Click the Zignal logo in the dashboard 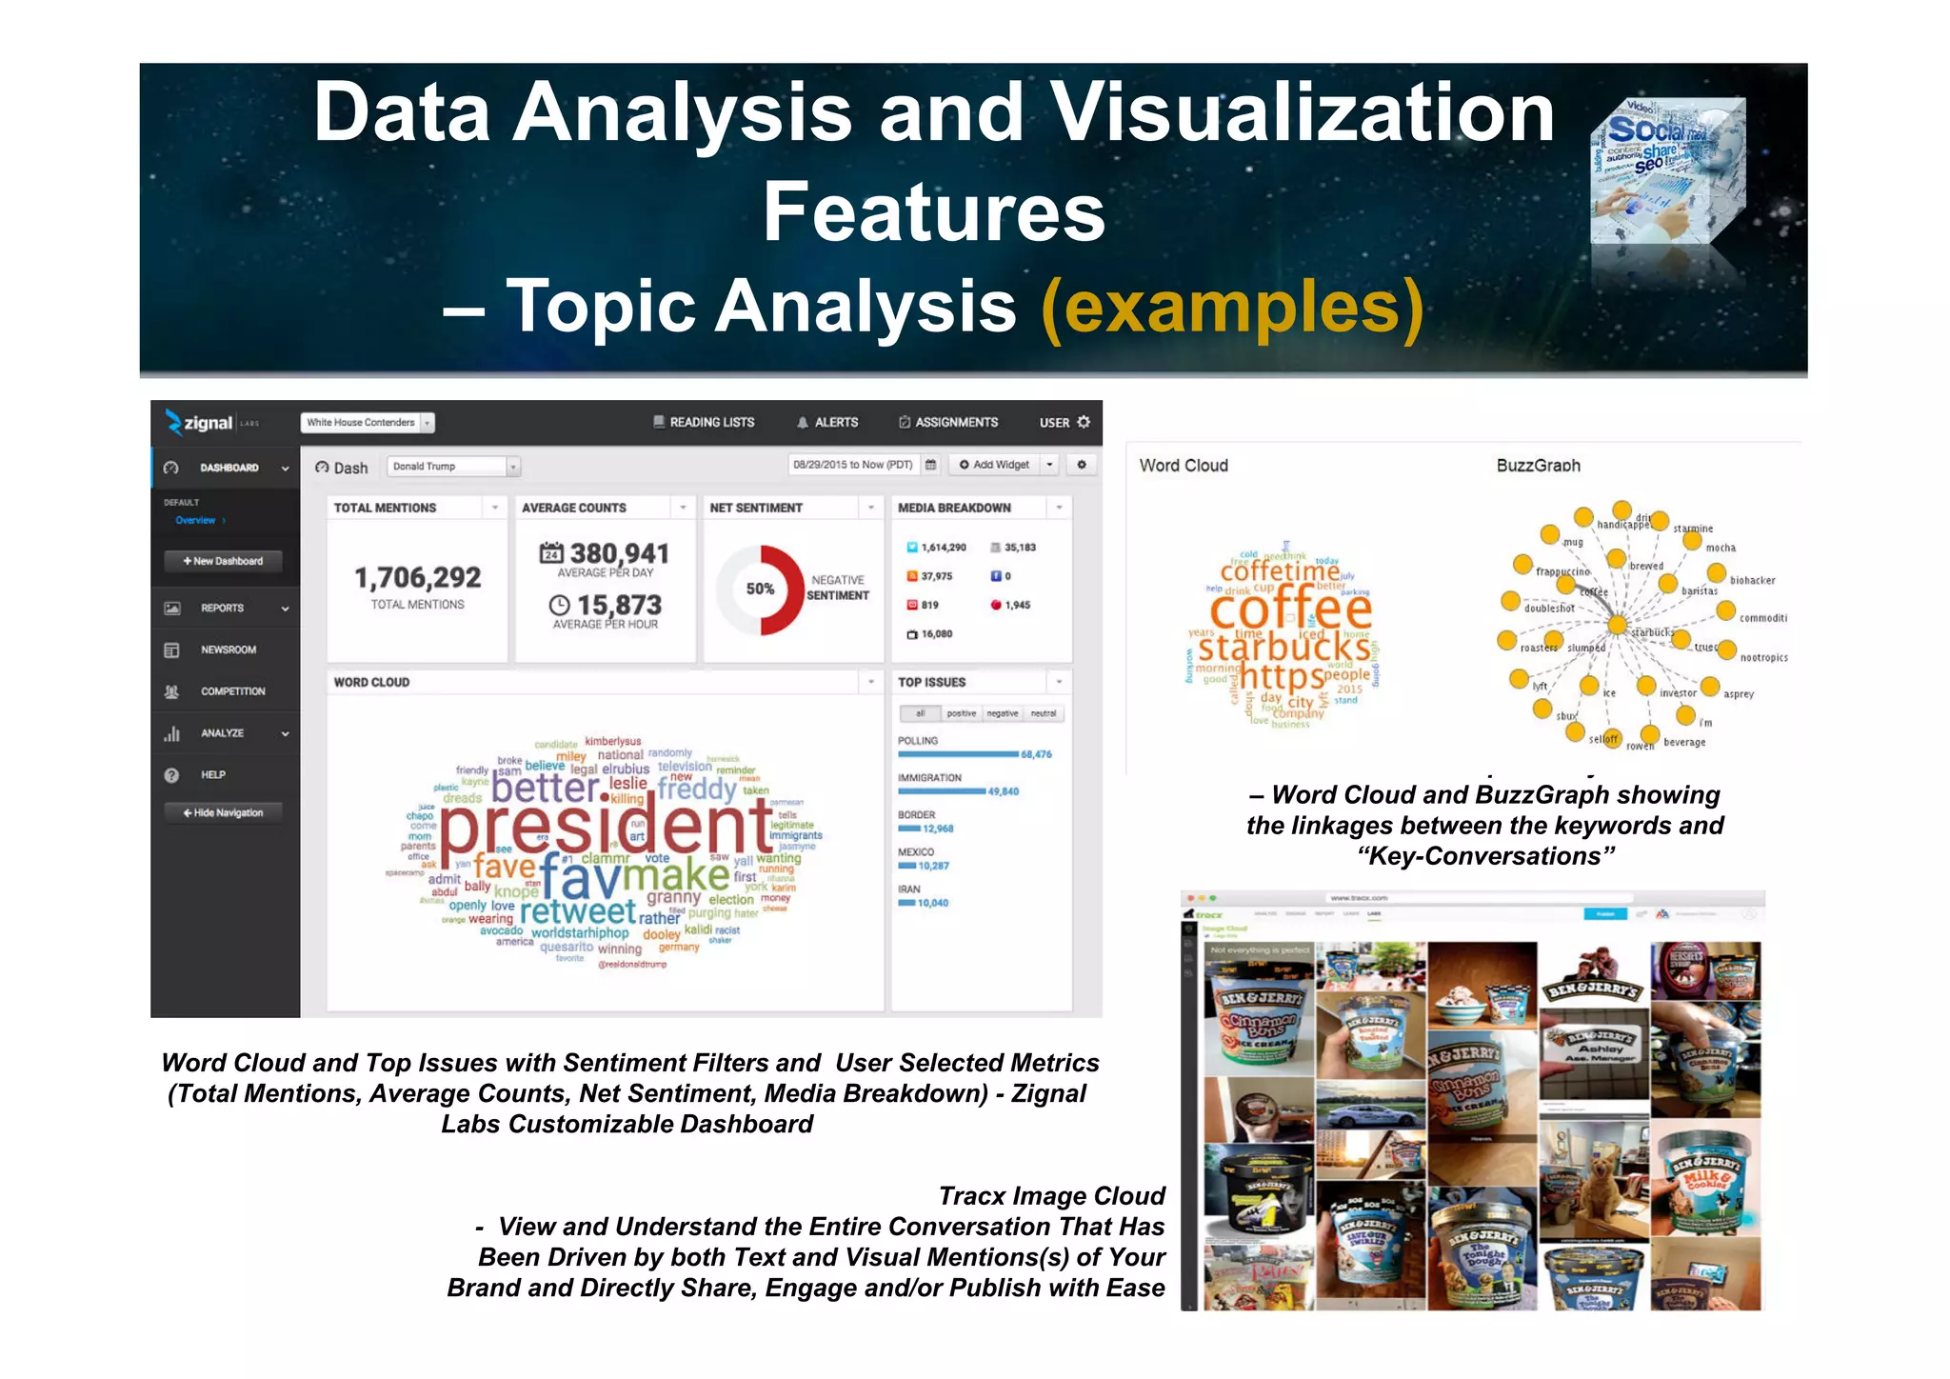pyautogui.click(x=201, y=422)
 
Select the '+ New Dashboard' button pyautogui.click(x=225, y=561)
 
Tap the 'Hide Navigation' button pyautogui.click(x=225, y=812)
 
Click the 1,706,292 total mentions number pyautogui.click(x=418, y=577)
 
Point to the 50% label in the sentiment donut pyautogui.click(x=759, y=589)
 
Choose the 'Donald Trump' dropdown pyautogui.click(x=453, y=467)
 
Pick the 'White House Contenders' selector pyautogui.click(x=367, y=422)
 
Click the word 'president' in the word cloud pyautogui.click(x=607, y=825)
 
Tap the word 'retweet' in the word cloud pyautogui.click(x=578, y=910)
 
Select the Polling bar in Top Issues pyautogui.click(x=957, y=754)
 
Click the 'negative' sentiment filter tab pyautogui.click(x=1002, y=713)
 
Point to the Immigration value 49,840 pyautogui.click(x=1003, y=791)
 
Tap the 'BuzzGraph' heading pyautogui.click(x=1538, y=466)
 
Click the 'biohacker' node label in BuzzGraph pyautogui.click(x=1752, y=580)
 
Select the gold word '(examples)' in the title pyautogui.click(x=1232, y=307)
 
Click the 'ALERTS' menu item pyautogui.click(x=827, y=422)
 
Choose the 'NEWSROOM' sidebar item pyautogui.click(x=228, y=650)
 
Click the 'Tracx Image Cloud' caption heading pyautogui.click(x=1051, y=1196)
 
